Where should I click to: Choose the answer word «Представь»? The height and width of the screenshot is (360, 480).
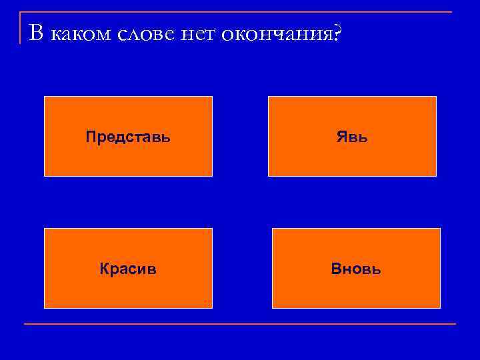(x=128, y=137)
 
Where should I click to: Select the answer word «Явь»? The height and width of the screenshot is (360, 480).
(x=352, y=137)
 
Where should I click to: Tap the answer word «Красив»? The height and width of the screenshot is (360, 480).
(x=128, y=269)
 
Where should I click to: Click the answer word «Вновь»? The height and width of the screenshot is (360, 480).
(x=356, y=269)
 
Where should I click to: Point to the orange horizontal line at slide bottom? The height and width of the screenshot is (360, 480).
(x=240, y=324)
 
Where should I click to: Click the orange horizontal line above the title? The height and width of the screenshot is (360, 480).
(x=240, y=12)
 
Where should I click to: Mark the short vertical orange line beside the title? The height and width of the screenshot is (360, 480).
(x=21, y=28)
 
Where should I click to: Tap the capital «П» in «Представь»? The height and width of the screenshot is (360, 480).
(x=90, y=137)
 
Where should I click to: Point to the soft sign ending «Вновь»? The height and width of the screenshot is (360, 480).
(x=377, y=269)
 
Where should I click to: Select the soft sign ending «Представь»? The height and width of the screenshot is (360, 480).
(x=166, y=137)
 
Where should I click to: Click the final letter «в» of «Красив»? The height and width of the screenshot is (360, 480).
(x=153, y=270)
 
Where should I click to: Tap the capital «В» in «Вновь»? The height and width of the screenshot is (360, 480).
(x=335, y=269)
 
